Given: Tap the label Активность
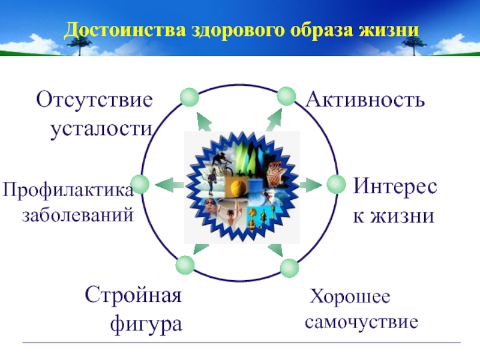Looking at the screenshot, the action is [x=365, y=100].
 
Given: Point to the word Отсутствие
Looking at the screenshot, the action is [x=94, y=99].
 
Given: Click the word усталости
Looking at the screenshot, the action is [x=100, y=128].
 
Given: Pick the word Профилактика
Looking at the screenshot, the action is [x=67, y=190].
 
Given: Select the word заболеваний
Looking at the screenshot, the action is [x=77, y=214].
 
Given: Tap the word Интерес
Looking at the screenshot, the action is [x=395, y=186].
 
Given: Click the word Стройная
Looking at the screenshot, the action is [x=133, y=295].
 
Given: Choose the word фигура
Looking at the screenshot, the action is [x=146, y=325].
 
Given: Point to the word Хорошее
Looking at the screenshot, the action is [x=349, y=296].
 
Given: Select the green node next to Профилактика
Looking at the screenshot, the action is [x=140, y=184].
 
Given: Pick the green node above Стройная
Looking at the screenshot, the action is [x=185, y=265].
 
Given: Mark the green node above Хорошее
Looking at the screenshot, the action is [x=289, y=268].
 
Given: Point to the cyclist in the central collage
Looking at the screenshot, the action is [x=220, y=161].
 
